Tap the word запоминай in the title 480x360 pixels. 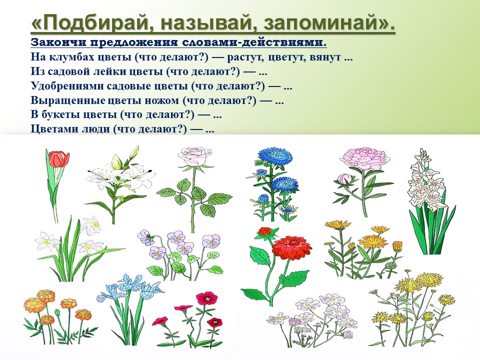point(325,23)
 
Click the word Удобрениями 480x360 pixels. point(66,86)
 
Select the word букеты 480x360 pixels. point(61,115)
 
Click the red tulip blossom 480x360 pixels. point(58,159)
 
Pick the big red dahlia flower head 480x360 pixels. point(291,247)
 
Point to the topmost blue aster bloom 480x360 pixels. point(275,157)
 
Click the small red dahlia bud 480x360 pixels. point(265,231)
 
